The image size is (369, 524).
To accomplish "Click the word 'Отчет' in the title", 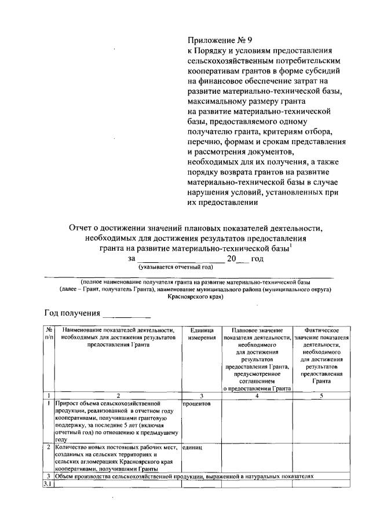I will pos(83,229).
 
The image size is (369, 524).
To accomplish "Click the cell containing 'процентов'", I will pos(196,404).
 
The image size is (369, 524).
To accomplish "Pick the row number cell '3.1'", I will pos(48,484).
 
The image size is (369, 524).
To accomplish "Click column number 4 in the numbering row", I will pos(257,395).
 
